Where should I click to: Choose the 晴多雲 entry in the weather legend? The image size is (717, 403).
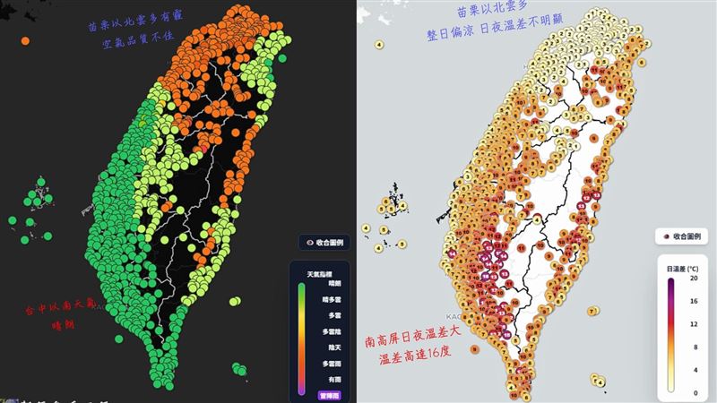point(330,303)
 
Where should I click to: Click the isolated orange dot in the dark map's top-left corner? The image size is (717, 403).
point(25,41)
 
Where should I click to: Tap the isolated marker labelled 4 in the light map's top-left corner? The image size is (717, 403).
point(380,44)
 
